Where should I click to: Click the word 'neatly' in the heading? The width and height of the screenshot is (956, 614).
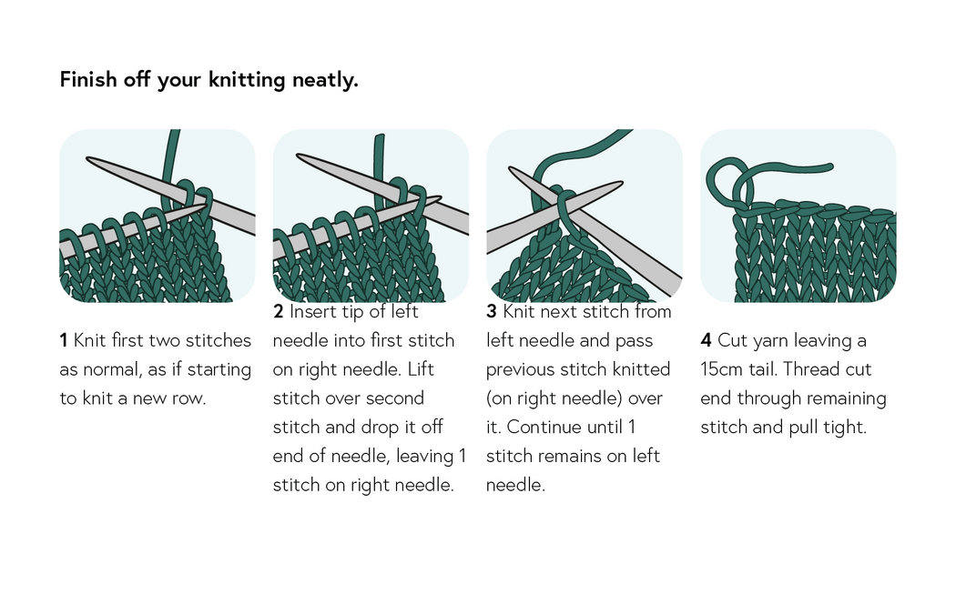pos(324,80)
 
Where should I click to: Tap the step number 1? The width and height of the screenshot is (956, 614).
pos(64,341)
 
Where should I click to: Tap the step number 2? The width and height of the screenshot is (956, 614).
pos(278,312)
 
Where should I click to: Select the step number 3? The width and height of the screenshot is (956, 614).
pos(491,312)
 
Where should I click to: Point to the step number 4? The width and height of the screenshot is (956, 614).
pos(706,341)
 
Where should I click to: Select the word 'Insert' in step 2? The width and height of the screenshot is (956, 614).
pos(312,312)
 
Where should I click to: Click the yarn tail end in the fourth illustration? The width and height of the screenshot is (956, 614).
pos(829,166)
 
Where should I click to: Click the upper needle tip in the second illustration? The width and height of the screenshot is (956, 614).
pos(301,158)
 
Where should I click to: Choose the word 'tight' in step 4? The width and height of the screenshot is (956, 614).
pos(844,427)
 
